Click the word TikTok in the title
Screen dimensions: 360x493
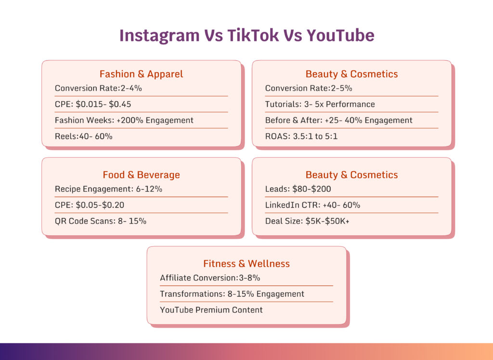(x=259, y=36)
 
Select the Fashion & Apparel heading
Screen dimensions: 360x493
(x=141, y=74)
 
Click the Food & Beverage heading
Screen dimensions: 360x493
(x=141, y=175)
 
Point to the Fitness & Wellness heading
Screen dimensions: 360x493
(x=246, y=264)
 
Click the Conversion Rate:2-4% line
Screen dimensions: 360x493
(x=98, y=88)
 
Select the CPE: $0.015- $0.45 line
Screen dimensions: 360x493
(x=93, y=104)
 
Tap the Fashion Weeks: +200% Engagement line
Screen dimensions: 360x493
(x=124, y=120)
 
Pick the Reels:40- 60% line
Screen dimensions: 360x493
(x=83, y=136)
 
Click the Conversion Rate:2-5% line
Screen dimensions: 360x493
(x=309, y=88)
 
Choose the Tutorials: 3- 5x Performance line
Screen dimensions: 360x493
(x=320, y=104)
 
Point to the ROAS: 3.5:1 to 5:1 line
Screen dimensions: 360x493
(x=301, y=136)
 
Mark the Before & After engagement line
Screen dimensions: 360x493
(x=338, y=120)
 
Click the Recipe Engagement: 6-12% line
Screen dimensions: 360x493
(x=108, y=189)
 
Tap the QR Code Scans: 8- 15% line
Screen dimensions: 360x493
(x=100, y=221)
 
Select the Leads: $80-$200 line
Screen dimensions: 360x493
(x=298, y=189)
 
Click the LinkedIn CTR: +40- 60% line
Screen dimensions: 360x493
(x=312, y=205)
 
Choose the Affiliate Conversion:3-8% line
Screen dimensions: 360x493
(x=210, y=278)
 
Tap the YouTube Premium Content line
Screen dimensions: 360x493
(x=211, y=310)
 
